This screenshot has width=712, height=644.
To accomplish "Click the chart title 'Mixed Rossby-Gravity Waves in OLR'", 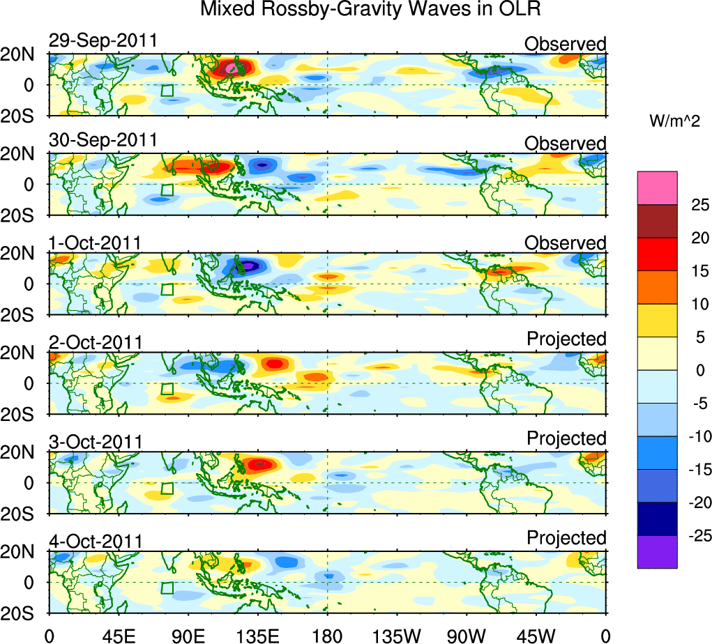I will click(370, 10).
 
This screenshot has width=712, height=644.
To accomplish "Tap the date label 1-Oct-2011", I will click(96, 243).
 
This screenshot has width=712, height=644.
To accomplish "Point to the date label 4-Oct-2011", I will click(96, 541).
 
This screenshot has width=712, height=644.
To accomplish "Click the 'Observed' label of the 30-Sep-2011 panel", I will click(566, 144).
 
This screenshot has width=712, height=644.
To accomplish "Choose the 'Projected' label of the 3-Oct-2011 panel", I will click(566, 438).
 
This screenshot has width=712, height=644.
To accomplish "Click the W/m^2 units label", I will click(675, 121).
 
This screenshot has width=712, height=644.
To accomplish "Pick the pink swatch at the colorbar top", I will click(657, 187).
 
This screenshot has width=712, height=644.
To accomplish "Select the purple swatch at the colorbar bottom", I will click(657, 552).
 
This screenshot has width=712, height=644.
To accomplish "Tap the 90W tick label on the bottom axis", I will click(467, 634).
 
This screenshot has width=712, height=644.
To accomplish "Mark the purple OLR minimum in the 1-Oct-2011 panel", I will click(248, 266).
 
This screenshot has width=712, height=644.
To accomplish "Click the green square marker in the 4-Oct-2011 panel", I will click(167, 588).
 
